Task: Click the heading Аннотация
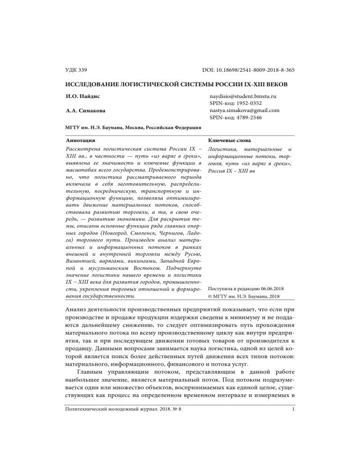pos(79,140)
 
